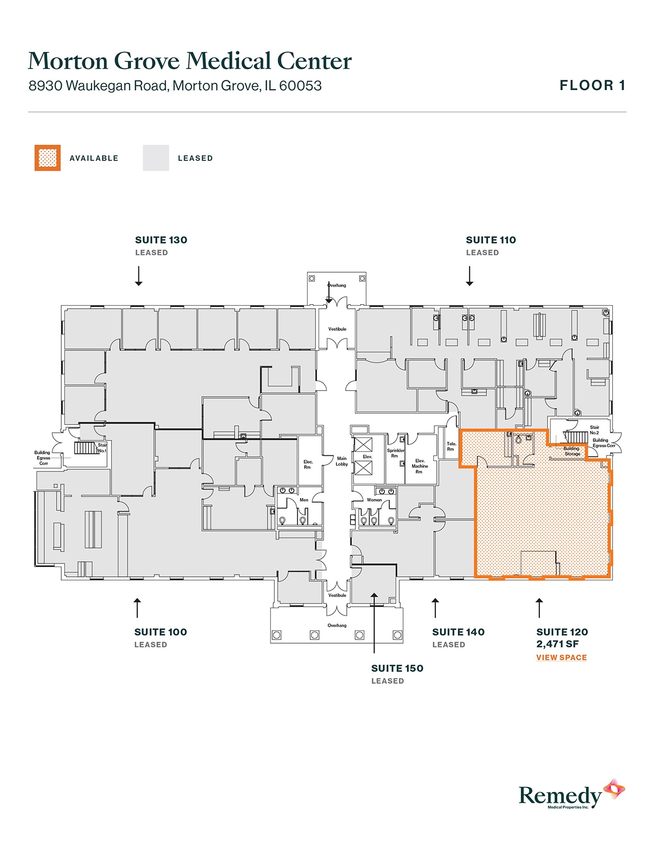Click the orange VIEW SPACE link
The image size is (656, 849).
pyautogui.click(x=561, y=657)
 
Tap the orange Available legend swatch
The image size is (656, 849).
pyautogui.click(x=47, y=158)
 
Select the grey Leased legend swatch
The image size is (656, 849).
pyautogui.click(x=156, y=158)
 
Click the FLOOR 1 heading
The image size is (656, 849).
pyautogui.click(x=592, y=85)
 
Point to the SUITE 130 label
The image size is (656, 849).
pyautogui.click(x=161, y=240)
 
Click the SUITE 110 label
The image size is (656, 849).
pyautogui.click(x=491, y=240)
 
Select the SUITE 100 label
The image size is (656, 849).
pyautogui.click(x=161, y=632)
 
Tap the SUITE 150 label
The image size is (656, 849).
pyautogui.click(x=397, y=668)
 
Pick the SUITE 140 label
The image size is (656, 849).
pyautogui.click(x=458, y=632)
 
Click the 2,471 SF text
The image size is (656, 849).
pyautogui.click(x=558, y=644)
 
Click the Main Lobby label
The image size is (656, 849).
pyautogui.click(x=342, y=461)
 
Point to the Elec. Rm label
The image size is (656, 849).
pyautogui.click(x=308, y=464)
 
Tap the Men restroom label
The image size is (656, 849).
pyautogui.click(x=304, y=500)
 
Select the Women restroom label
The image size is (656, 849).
pyautogui.click(x=374, y=500)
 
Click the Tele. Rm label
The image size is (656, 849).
pyautogui.click(x=451, y=446)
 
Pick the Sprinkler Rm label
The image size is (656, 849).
pyautogui.click(x=395, y=453)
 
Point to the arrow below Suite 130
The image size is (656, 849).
pyautogui.click(x=138, y=276)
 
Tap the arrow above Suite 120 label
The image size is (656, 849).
pyautogui.click(x=539, y=608)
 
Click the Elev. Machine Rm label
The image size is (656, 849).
pyautogui.click(x=419, y=466)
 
